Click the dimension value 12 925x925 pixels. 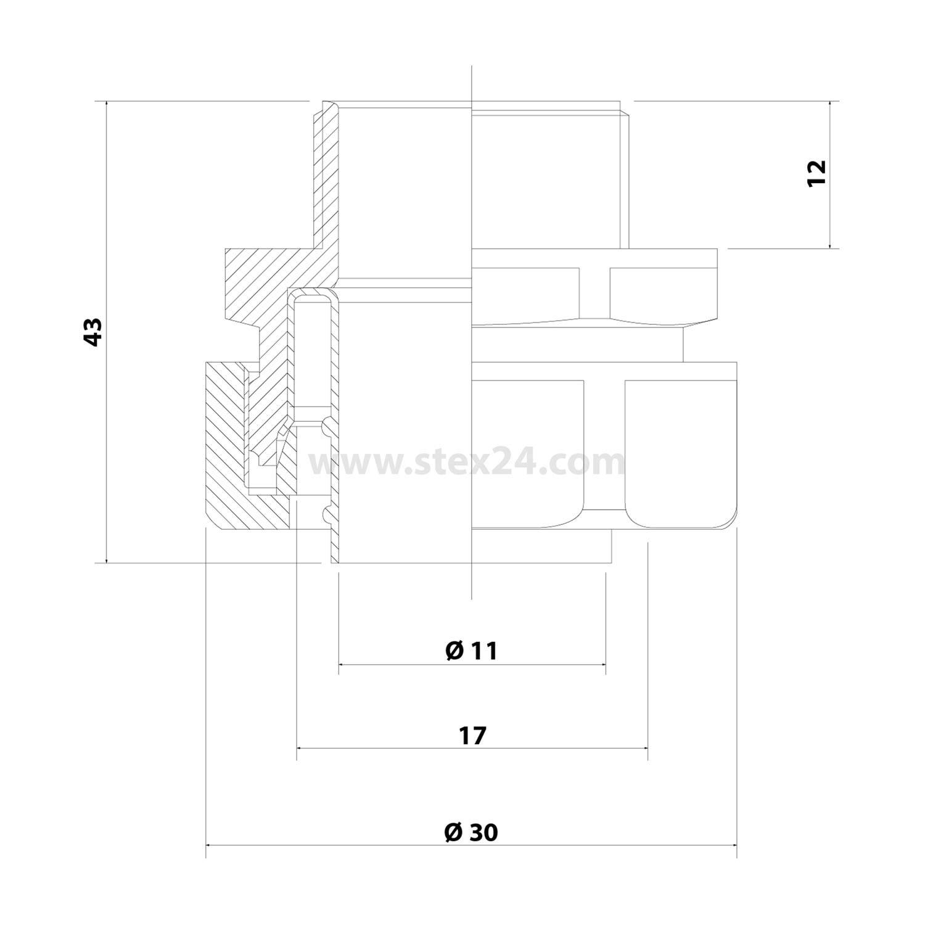(816, 173)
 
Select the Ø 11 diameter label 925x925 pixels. (471, 651)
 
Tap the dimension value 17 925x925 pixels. (472, 736)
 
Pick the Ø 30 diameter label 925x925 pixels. (471, 833)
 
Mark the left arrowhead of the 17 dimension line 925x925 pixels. (300, 748)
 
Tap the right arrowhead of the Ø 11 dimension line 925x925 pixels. (602, 665)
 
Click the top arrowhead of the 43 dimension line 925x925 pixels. (107, 104)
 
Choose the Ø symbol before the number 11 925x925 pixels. (454, 651)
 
